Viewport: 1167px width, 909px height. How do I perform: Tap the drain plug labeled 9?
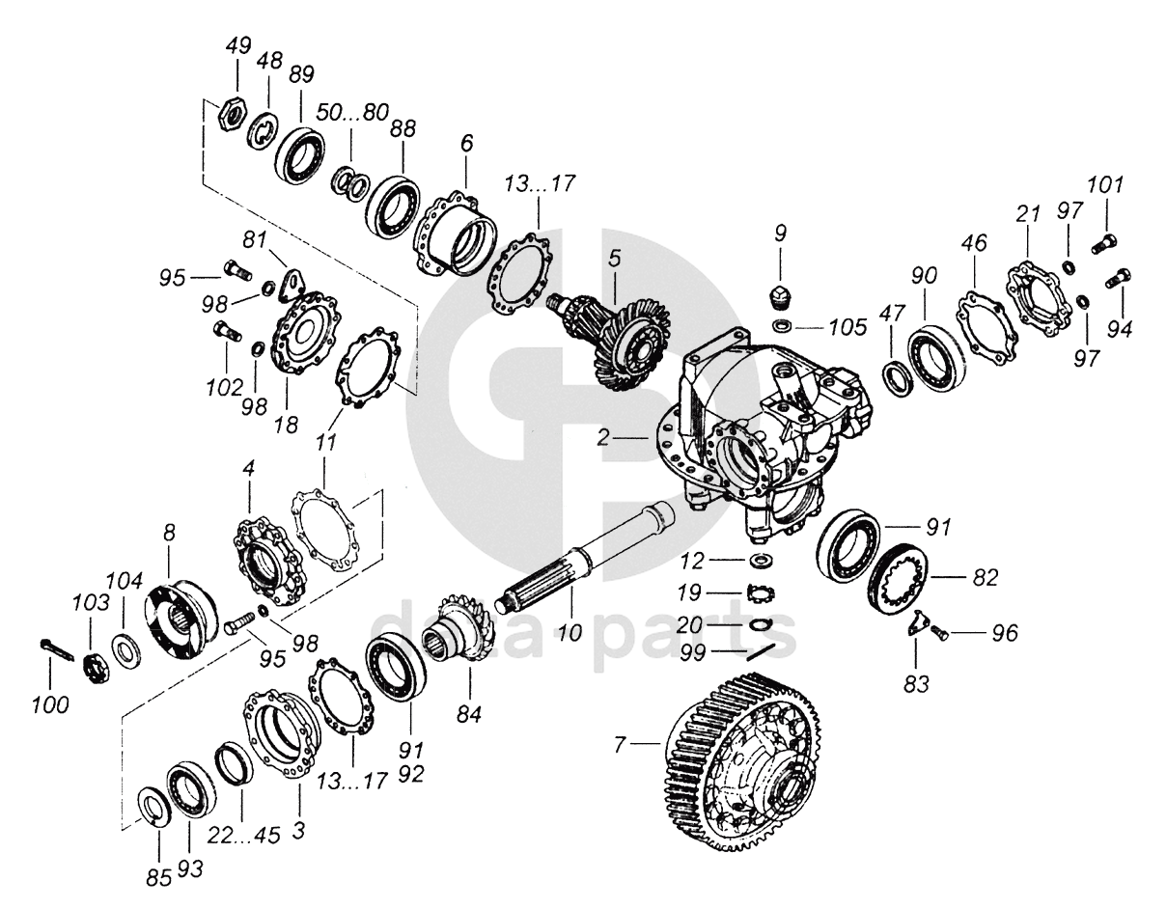[780, 291]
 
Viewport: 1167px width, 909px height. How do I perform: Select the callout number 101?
[1105, 184]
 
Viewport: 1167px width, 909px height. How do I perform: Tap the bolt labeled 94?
[1120, 278]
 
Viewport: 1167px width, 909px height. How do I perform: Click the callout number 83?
[916, 684]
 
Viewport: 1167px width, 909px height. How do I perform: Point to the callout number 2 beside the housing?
[603, 437]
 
